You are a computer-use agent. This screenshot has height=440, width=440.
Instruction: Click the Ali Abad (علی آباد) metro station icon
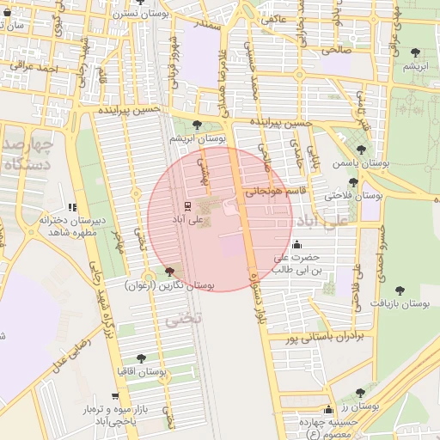(182, 206)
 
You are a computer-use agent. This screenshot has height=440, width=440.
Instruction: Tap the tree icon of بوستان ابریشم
(199, 124)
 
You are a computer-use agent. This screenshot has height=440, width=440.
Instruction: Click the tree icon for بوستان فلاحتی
(353, 181)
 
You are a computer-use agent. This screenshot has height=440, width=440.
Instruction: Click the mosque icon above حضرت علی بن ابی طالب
(297, 243)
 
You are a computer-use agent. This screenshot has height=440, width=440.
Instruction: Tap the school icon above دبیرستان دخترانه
(72, 207)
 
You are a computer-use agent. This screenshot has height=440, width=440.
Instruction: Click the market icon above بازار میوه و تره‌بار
(120, 396)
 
